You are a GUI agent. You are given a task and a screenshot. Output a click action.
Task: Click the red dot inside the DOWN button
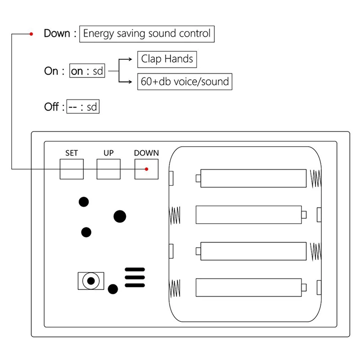(x=147, y=169)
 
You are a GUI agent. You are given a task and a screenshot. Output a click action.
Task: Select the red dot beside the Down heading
(x=31, y=34)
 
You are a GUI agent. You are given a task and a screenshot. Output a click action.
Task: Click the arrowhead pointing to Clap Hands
(x=130, y=59)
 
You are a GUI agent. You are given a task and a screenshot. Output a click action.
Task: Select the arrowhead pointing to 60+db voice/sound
(x=130, y=82)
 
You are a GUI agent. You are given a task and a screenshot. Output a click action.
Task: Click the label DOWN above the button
(x=147, y=153)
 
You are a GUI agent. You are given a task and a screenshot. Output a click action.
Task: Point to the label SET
(x=72, y=153)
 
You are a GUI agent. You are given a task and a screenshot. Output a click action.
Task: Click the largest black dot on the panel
(x=120, y=216)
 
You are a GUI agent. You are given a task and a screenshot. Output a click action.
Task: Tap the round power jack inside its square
(x=91, y=281)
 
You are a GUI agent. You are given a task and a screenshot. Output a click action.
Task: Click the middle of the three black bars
(x=135, y=277)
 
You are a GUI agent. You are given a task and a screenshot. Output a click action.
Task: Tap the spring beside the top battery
(x=316, y=178)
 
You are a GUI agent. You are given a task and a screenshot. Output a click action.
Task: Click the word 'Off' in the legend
(x=51, y=107)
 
